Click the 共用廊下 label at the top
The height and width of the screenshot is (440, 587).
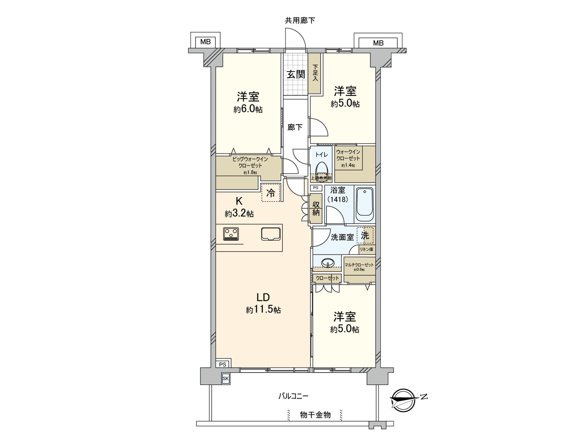pyautogui.click(x=300, y=21)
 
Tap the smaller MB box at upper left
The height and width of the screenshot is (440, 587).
pyautogui.click(x=205, y=42)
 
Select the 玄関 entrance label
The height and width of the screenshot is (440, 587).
pyautogui.click(x=296, y=74)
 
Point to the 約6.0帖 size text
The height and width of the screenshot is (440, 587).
pyautogui.click(x=248, y=109)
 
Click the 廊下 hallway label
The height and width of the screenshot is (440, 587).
pyautogui.click(x=295, y=127)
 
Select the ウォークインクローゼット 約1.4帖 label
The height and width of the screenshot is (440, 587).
pyautogui.click(x=348, y=158)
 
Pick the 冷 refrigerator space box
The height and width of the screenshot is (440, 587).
pyautogui.click(x=271, y=193)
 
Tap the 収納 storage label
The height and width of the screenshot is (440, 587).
pyautogui.click(x=316, y=209)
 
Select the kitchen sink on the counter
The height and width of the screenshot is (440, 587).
pyautogui.click(x=271, y=234)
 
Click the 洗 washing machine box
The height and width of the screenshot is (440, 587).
pyautogui.click(x=365, y=236)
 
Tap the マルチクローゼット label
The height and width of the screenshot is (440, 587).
pyautogui.click(x=359, y=265)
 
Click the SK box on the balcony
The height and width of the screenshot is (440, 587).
pyautogui.click(x=225, y=378)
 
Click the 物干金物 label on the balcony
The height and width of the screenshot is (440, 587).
pyautogui.click(x=315, y=415)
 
